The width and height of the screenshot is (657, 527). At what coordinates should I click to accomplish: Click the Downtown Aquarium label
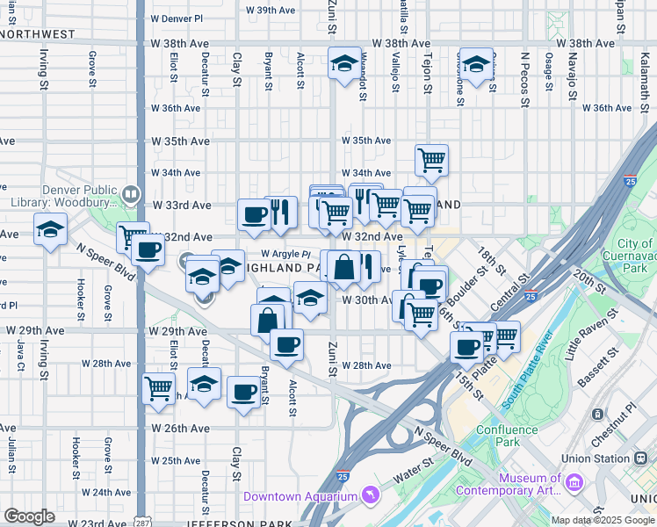[x=300, y=496]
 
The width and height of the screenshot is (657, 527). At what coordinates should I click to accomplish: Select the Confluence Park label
[x=507, y=436]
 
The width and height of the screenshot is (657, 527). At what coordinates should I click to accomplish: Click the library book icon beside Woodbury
[x=131, y=193]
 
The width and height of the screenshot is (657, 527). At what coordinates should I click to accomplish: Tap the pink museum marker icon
[x=574, y=483]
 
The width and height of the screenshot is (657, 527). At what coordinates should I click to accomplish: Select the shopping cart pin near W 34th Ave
[x=431, y=160]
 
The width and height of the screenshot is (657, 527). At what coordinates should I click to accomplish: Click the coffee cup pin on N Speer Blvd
[x=148, y=250]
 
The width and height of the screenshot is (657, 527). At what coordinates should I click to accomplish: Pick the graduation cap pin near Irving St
[x=51, y=229]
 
